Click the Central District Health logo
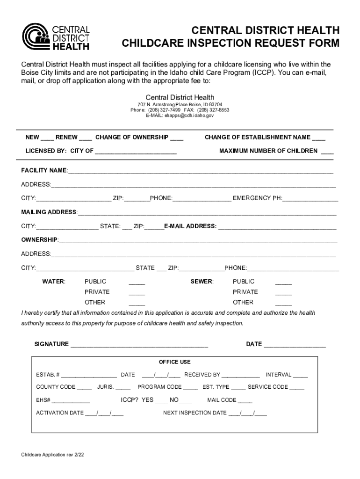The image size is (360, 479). click(x=56, y=36)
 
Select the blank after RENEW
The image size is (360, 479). click(x=86, y=138)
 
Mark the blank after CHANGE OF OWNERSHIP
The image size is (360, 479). click(x=177, y=138)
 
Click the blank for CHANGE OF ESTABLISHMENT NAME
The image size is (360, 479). click(x=319, y=138)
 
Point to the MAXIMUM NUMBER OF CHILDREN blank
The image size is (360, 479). click(x=327, y=152)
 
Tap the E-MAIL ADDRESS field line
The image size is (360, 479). click(x=277, y=227)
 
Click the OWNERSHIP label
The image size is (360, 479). click(x=39, y=240)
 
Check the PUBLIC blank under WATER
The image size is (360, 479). click(x=137, y=283)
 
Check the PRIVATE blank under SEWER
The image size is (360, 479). click(x=283, y=293)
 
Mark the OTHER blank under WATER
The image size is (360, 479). click(x=137, y=303)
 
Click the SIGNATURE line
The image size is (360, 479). click(x=139, y=345)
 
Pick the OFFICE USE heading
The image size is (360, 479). click(x=175, y=362)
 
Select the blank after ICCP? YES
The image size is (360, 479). click(x=161, y=401)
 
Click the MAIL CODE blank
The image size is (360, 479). click(x=245, y=401)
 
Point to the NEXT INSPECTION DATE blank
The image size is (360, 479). click(x=248, y=414)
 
